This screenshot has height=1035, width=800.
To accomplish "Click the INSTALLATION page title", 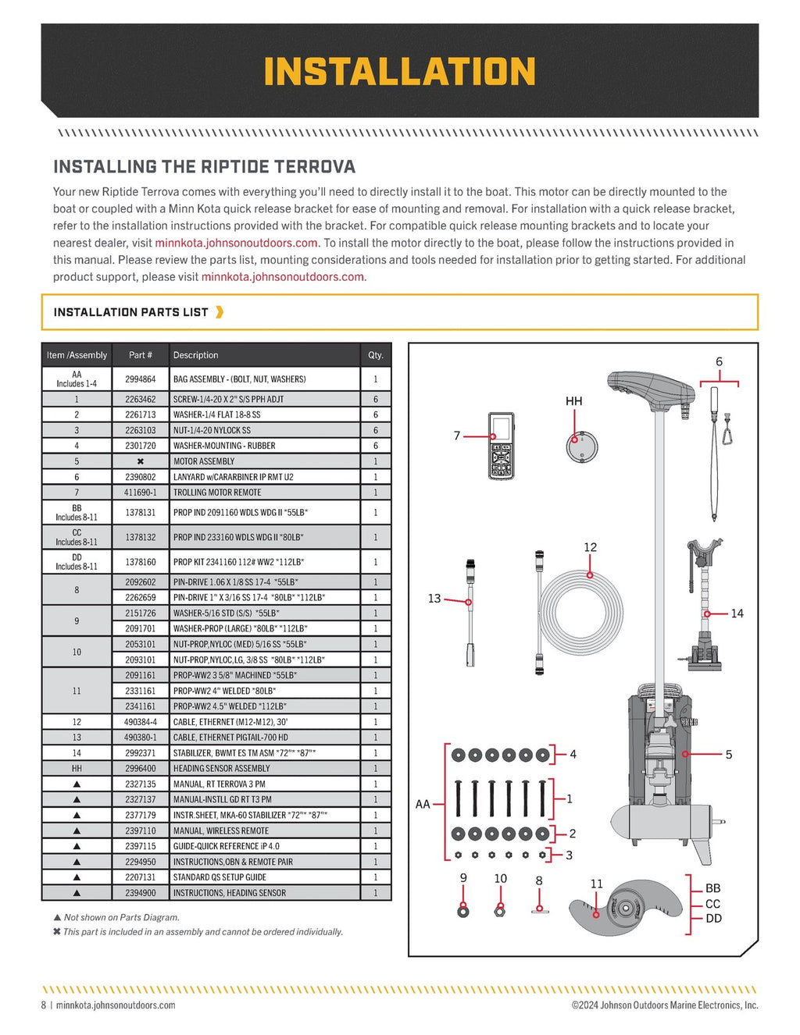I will point(399,72).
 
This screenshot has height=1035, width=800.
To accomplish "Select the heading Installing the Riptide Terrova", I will point(204,166).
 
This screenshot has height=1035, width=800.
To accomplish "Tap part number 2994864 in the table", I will point(140,379).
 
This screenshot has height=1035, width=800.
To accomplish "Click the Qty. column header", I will point(376,355).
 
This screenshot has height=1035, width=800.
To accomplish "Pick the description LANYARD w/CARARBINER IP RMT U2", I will point(233,477).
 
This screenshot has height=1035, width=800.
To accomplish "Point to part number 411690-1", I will point(140,493).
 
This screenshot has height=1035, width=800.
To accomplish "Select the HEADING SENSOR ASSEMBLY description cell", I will point(221,769).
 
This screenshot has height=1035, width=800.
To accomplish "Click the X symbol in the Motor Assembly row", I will point(140,461).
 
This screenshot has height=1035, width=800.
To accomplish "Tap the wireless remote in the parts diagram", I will point(501,446).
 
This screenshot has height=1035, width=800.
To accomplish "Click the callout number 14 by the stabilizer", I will point(737,614).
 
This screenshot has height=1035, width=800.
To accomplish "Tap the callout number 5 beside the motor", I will point(729,755).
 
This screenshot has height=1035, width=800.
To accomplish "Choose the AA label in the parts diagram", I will point(423,804).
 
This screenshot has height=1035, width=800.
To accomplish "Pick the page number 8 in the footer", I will point(44,1005).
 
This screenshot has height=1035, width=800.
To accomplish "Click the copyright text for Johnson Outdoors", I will point(664,1005).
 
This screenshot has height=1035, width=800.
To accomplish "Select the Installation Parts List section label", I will point(130,312).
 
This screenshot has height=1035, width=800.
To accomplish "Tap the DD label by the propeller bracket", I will point(713,919).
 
